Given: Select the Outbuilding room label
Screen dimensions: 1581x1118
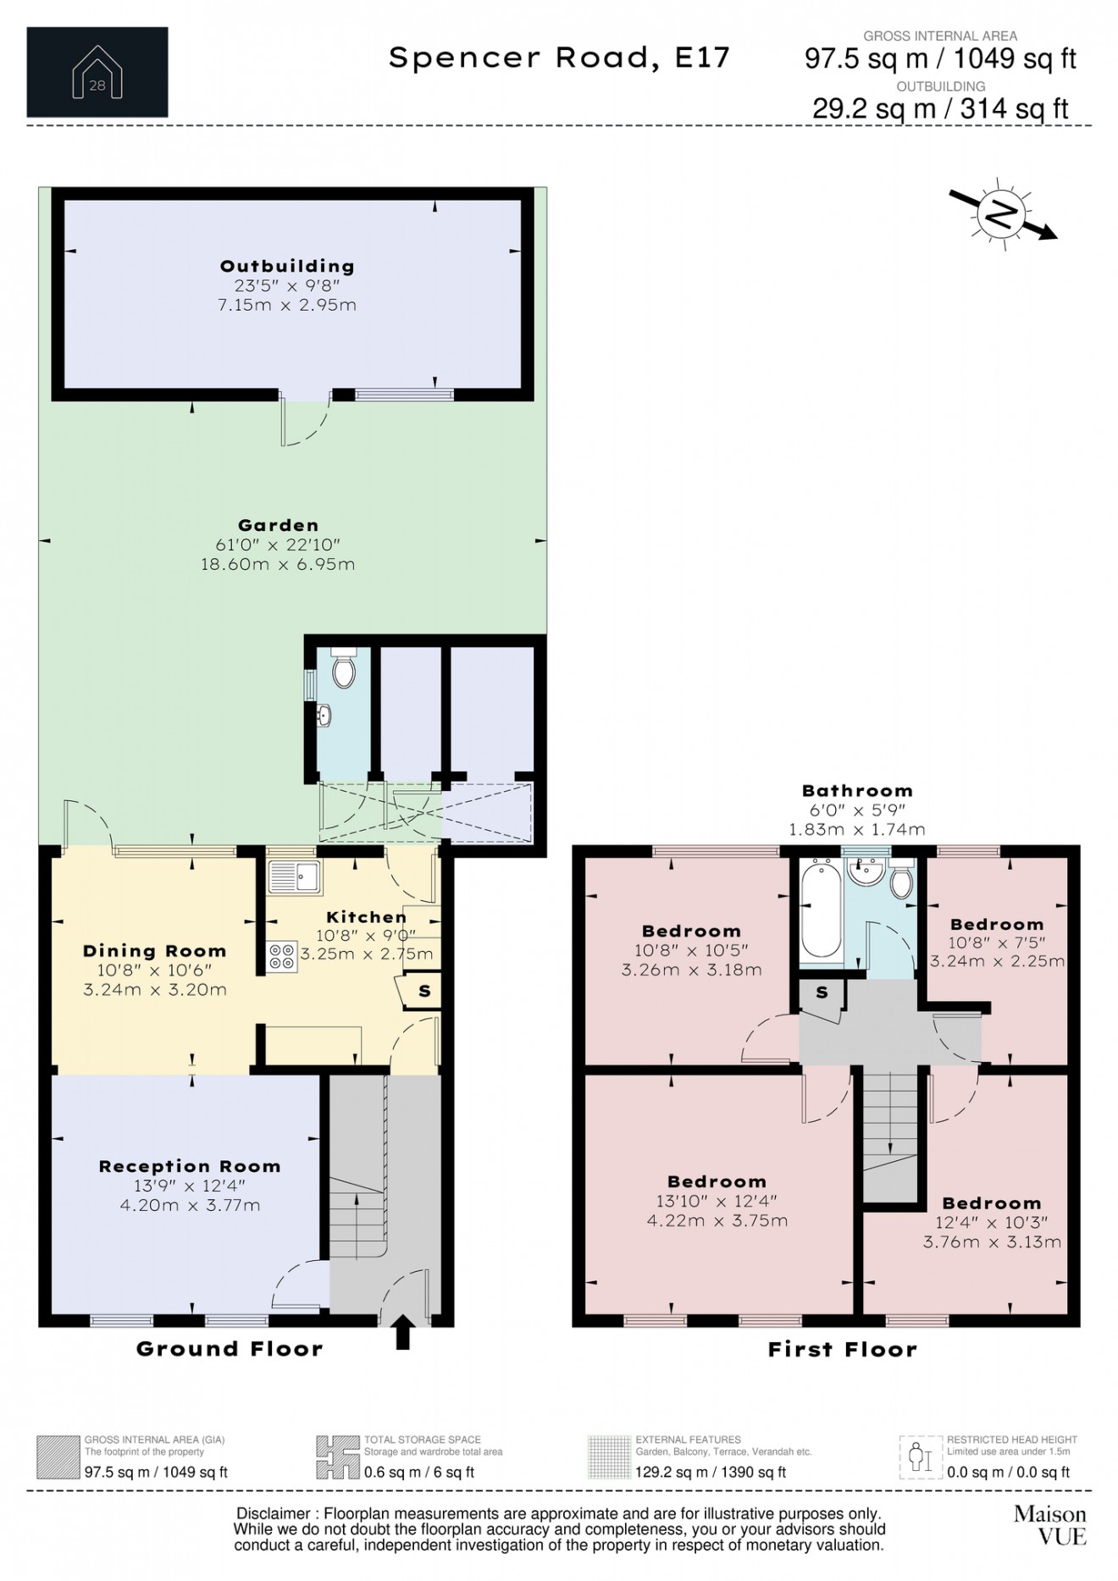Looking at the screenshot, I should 286,266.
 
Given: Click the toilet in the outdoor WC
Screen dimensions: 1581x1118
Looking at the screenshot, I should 343,672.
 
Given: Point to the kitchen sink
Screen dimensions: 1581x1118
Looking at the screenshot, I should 294,877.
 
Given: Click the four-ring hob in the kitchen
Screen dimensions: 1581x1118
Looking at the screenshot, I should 282,957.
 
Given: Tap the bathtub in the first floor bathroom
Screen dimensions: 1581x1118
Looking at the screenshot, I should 821,909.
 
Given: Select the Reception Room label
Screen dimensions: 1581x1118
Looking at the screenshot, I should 190,1166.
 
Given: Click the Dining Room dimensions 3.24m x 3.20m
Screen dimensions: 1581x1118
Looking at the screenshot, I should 155,989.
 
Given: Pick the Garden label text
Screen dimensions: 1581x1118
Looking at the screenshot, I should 278,525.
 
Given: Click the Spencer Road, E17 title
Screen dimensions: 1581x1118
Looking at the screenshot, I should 559,58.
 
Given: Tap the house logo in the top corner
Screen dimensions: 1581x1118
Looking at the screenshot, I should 97,72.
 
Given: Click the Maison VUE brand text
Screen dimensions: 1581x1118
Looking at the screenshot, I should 1049,1525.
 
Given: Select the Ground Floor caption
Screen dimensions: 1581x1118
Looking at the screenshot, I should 230,1348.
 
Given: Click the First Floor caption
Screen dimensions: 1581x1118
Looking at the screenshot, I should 842,1349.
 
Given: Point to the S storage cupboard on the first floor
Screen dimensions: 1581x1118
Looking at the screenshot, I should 821,993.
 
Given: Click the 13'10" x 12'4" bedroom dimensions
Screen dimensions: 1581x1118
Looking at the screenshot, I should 717,1201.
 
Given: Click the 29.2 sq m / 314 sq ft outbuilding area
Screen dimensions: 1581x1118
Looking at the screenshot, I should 940,108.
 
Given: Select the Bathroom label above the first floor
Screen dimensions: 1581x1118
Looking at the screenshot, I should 857,791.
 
